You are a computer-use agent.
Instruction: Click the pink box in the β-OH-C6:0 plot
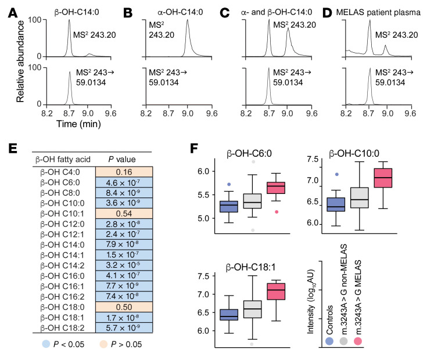tap(276, 188)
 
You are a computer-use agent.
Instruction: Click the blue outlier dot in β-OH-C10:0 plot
tap(336, 174)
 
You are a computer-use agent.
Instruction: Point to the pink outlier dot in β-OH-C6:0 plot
tap(276, 212)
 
